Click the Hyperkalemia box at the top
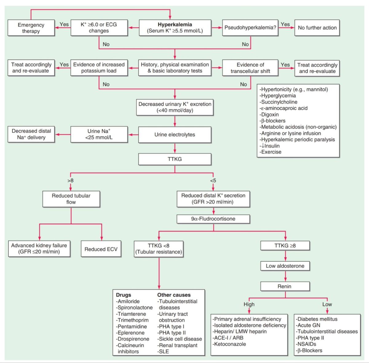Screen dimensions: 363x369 tap(175, 28)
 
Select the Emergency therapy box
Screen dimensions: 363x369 tap(31, 28)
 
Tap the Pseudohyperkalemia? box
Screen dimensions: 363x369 tap(250, 28)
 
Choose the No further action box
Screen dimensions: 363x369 tap(317, 28)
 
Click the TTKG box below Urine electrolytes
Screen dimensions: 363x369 tap(175, 159)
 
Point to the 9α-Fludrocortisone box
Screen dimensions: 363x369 tap(213, 219)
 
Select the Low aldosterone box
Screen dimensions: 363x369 tap(285, 266)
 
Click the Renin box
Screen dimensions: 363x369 tap(284, 286)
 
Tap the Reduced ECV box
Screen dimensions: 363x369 tap(101, 249)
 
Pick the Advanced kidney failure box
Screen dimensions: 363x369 tap(39, 249)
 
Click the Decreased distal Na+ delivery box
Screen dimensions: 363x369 tap(31, 134)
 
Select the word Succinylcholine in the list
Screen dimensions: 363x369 tap(279, 102)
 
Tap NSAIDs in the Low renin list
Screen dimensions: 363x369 tap(307, 344)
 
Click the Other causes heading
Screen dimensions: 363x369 tap(174, 295)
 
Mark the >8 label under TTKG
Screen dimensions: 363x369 tap(70, 180)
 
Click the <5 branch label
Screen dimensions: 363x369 tap(213, 180)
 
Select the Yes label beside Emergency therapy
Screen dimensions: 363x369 tap(64, 24)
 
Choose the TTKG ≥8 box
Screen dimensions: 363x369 tap(285, 245)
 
